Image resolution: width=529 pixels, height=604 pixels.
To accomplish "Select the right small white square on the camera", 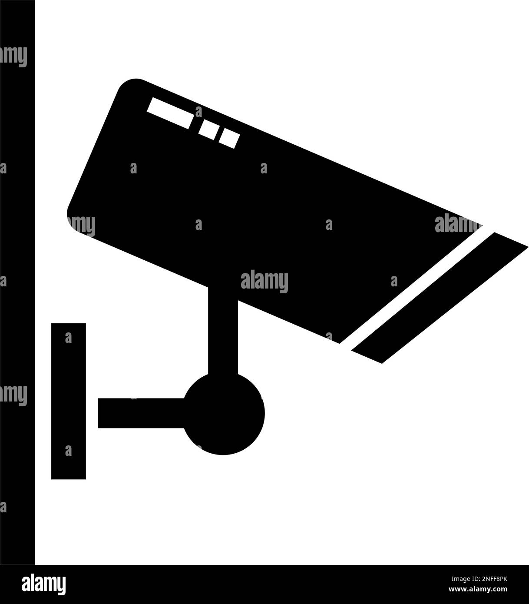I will tap(229, 137).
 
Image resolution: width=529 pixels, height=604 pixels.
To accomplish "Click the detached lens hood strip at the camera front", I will tap(440, 298).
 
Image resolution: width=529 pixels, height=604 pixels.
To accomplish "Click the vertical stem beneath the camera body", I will tap(223, 330).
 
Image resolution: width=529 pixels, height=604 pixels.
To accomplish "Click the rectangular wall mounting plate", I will tap(68, 401).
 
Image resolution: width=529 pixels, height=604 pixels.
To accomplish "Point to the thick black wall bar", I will tap(17, 282).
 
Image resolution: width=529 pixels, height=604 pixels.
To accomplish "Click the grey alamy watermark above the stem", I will tap(264, 281).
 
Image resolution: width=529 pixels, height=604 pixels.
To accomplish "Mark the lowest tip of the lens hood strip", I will tap(381, 363).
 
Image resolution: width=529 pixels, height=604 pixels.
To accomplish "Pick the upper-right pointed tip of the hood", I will tap(527, 247).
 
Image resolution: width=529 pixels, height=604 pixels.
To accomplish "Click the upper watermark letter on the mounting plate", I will tap(68, 338).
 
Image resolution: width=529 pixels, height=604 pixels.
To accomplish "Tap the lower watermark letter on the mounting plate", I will tap(68, 451).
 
